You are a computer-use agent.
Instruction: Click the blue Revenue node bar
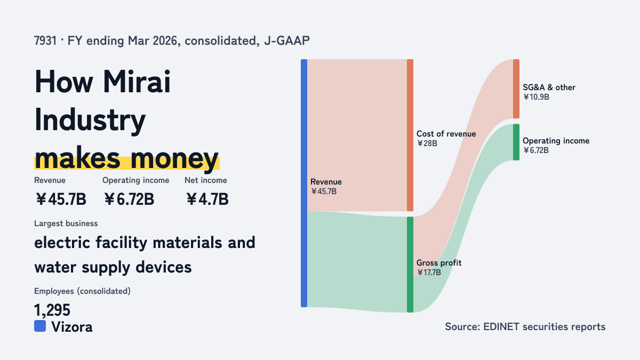304,183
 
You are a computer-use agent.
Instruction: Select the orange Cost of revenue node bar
410,135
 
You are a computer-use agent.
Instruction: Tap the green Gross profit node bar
410,265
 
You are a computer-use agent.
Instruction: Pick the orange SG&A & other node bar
516,89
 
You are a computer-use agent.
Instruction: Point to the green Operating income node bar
516,142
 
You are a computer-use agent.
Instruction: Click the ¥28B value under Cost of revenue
427,143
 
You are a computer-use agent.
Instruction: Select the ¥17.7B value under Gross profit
429,273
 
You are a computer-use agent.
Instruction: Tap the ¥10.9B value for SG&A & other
537,97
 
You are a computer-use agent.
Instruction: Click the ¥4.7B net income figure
207,199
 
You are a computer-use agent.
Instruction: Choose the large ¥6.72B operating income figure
129,199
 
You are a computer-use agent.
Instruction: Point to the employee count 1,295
52,310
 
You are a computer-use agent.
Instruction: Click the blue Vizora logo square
40,326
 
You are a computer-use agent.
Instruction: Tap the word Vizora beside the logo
72,327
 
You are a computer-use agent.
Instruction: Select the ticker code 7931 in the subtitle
45,41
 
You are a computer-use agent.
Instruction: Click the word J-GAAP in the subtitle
287,41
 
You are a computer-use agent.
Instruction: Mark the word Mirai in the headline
137,82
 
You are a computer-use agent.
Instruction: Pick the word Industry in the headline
90,120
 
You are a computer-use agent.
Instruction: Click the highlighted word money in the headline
174,159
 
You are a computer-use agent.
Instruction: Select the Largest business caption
66,223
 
